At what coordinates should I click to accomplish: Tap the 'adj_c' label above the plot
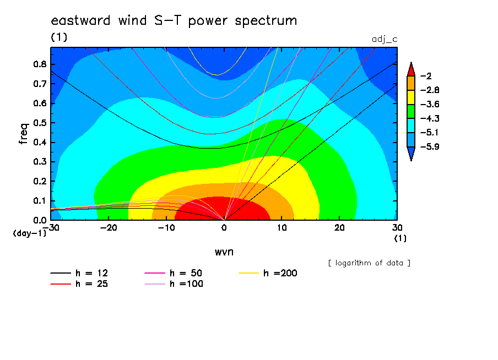click(385, 40)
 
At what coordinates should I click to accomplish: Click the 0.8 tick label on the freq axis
click(40, 64)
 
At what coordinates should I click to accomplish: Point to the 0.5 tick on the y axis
click(40, 123)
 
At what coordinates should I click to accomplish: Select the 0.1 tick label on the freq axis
click(40, 201)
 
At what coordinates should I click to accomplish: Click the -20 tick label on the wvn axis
click(109, 228)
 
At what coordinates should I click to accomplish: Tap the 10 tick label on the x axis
click(282, 228)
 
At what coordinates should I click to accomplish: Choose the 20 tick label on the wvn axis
click(339, 228)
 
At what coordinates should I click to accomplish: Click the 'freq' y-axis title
click(24, 134)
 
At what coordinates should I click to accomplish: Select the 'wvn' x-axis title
click(224, 252)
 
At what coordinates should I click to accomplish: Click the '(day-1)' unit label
click(30, 233)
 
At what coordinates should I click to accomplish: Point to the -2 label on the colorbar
click(426, 76)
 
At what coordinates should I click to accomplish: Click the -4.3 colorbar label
click(430, 119)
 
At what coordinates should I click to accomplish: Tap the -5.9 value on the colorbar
click(430, 146)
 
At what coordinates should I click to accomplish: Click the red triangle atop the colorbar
click(411, 70)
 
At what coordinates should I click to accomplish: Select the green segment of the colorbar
click(411, 111)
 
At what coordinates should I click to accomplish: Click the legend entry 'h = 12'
click(79, 273)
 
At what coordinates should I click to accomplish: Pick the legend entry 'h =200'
click(268, 273)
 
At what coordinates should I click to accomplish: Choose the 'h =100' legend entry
click(174, 284)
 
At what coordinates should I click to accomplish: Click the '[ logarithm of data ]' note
click(370, 263)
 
